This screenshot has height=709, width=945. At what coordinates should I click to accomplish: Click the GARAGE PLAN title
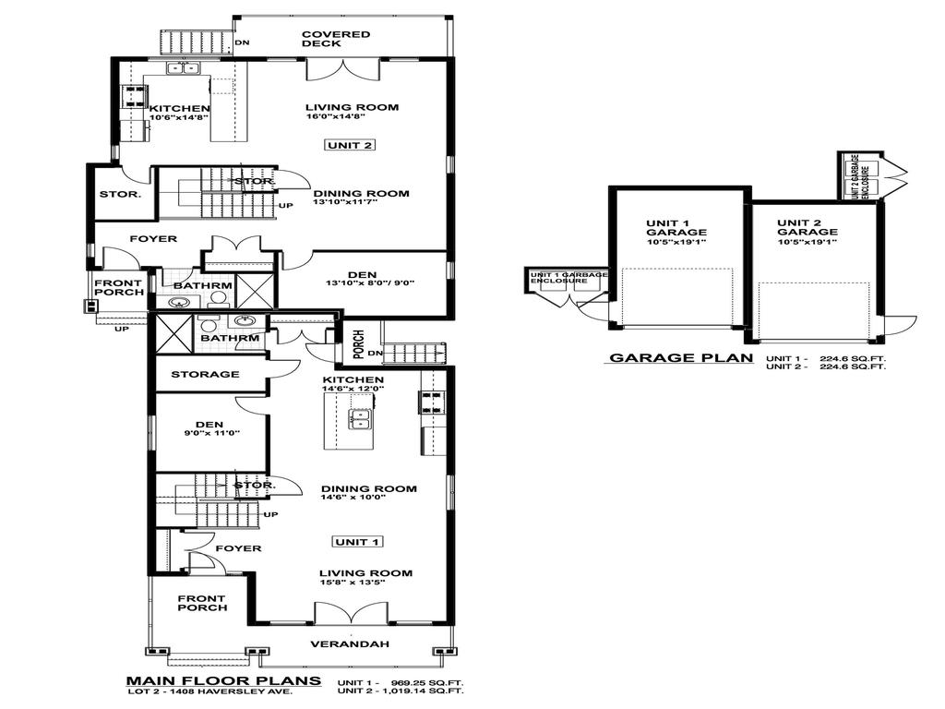[x=680, y=359]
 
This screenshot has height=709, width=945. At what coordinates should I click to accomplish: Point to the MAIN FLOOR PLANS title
[x=223, y=681]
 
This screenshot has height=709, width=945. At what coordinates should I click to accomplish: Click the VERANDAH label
[x=348, y=643]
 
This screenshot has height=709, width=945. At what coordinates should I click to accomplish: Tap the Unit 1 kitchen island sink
[x=359, y=420]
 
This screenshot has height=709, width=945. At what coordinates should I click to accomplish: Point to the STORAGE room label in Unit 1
[x=205, y=374]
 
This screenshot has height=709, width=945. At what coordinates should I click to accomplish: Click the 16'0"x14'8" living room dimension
[x=338, y=117]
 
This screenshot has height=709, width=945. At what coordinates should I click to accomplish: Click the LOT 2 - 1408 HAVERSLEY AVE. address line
[x=223, y=691]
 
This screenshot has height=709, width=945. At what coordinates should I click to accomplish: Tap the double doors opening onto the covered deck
[x=342, y=67]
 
